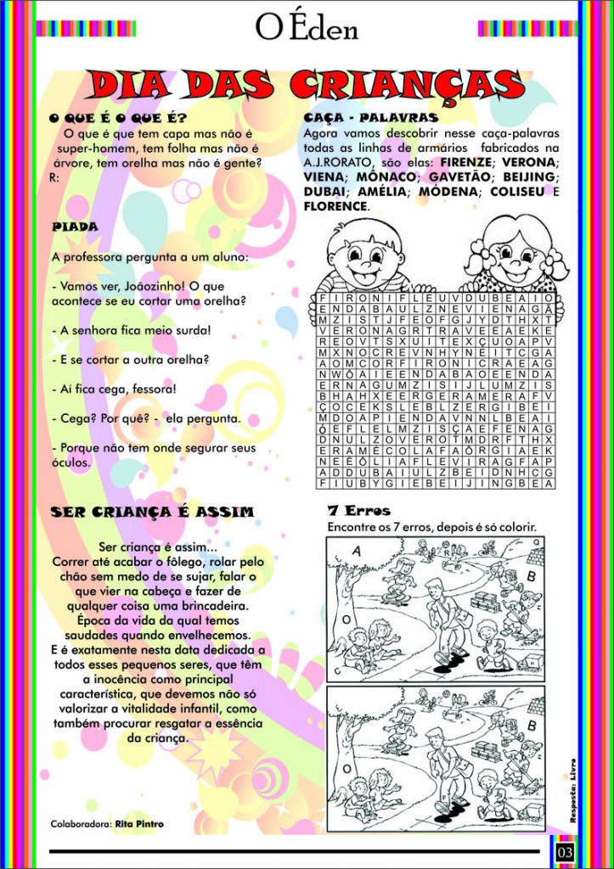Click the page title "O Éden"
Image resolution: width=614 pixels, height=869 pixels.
pos(307,27)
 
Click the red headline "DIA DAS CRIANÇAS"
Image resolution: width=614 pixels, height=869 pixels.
pos(307,85)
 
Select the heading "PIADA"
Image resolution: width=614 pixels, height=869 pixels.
pos(75,227)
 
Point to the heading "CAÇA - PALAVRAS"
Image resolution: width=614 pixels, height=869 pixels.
pos(371,117)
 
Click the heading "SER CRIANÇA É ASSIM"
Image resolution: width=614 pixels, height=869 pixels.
pos(152,512)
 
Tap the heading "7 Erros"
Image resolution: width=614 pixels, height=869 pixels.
pos(358,511)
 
